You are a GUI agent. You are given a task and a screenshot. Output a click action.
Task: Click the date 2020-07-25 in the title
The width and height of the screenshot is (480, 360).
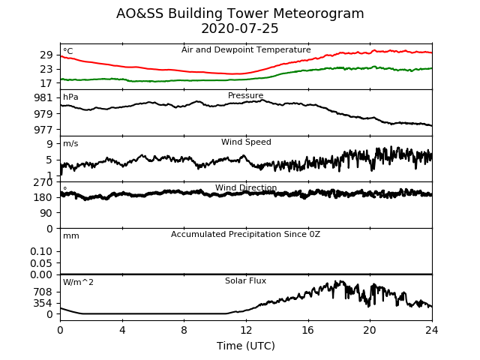point(240,28)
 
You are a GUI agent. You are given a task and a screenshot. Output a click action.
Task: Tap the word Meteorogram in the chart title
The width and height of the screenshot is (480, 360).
point(318,13)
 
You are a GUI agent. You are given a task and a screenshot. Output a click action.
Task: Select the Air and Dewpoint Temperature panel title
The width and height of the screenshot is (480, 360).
point(246,50)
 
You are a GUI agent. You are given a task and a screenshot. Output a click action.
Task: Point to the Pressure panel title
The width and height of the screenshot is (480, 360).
point(245,95)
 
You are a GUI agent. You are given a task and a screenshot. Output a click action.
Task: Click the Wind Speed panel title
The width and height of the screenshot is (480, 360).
point(246,142)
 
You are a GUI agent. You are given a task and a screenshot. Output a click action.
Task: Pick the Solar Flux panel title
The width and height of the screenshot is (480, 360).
point(245,280)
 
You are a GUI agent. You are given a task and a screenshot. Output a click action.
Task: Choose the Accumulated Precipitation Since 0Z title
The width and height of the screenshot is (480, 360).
point(245,235)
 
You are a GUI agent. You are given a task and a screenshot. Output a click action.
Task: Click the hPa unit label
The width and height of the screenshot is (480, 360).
point(70,97)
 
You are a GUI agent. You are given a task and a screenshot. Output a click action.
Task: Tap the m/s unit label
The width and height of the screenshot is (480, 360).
point(70,143)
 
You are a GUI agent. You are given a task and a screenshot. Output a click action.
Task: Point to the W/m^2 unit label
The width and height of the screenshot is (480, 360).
point(78,282)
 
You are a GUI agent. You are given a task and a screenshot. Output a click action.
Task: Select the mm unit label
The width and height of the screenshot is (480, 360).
point(71,236)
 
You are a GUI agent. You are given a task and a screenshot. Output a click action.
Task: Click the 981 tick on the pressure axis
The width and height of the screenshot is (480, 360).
point(43,98)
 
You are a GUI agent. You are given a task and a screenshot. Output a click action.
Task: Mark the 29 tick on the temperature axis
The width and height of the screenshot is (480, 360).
point(46,55)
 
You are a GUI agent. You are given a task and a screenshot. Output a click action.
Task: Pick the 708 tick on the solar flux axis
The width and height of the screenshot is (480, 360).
point(43,292)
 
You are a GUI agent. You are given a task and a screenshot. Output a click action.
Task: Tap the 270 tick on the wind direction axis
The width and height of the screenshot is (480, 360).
point(43,182)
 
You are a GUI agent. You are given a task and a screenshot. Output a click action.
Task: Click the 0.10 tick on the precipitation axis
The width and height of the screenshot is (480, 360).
point(41,252)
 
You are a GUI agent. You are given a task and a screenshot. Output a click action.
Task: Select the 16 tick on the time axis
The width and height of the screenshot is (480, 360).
point(308,330)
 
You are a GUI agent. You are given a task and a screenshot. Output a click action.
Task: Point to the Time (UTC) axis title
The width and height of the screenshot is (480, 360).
point(246,346)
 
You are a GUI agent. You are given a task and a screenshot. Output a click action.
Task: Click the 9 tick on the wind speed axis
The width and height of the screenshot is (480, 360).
point(49,144)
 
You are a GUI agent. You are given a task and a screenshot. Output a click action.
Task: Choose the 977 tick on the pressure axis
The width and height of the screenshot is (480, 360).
point(43,130)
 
